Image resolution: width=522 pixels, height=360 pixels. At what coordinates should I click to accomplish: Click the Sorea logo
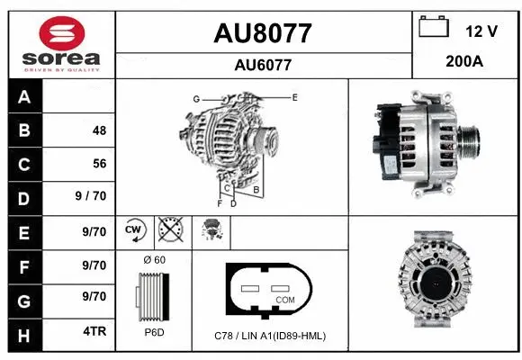[x=60, y=44]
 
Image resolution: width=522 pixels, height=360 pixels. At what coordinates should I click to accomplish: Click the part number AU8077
[x=263, y=33]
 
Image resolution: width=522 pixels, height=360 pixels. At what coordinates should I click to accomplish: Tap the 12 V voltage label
[x=481, y=31]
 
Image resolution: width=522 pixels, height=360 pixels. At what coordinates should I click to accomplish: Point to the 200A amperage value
[x=465, y=62]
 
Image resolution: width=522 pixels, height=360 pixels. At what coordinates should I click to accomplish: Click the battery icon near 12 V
[x=434, y=27]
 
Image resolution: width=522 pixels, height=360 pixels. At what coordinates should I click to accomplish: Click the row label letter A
[x=23, y=97]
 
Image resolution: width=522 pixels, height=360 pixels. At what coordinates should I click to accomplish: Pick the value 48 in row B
[x=99, y=130]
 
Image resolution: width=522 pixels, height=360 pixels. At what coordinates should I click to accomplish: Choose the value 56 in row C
[x=99, y=164]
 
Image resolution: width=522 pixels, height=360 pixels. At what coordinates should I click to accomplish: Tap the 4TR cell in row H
[x=94, y=331]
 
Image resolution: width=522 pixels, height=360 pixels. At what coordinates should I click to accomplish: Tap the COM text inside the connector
[x=285, y=299]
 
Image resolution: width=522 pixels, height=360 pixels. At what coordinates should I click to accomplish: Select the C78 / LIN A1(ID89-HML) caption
[x=271, y=336]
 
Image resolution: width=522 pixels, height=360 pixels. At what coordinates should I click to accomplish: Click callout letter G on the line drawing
[x=195, y=98]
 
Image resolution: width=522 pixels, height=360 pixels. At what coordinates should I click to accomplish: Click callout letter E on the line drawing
[x=294, y=95]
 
